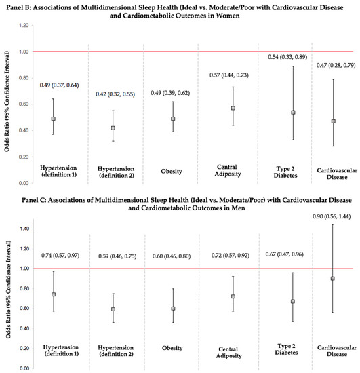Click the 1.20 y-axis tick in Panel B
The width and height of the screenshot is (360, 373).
23,26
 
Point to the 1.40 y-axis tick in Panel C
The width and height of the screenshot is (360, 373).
23,229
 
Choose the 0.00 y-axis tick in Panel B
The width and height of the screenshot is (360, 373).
23,183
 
